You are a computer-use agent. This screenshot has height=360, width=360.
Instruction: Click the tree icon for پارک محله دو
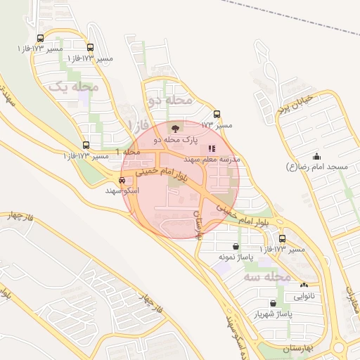point(174,129)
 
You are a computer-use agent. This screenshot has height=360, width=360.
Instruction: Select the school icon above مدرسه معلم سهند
point(212,148)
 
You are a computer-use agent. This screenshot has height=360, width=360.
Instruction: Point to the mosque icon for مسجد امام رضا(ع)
point(316,156)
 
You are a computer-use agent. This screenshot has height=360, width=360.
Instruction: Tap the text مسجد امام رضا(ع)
point(317,167)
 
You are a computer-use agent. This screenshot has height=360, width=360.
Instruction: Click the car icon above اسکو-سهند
point(122,180)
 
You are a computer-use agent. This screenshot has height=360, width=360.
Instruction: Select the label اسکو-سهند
point(122,191)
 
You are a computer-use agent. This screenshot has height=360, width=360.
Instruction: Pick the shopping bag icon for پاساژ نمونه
point(234,247)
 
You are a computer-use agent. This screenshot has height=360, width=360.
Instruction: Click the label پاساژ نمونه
point(234,258)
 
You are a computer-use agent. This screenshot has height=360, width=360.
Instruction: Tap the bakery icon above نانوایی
point(304,285)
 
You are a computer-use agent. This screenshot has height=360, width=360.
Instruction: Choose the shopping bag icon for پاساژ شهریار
point(273,303)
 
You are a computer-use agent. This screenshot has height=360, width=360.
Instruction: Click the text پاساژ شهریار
point(272,314)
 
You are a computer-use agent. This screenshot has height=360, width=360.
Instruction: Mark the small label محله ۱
point(131,153)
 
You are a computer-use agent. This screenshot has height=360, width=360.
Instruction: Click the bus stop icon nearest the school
point(216,114)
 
